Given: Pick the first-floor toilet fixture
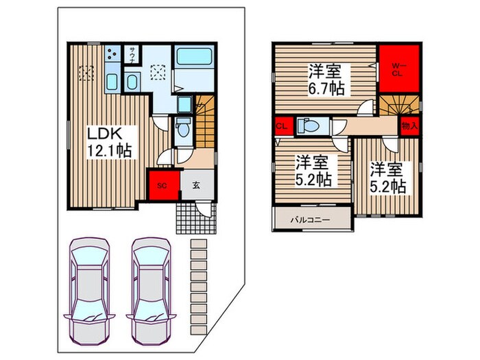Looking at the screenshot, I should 181,128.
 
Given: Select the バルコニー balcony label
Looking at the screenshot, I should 309,220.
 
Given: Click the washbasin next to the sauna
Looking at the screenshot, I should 134,84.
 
